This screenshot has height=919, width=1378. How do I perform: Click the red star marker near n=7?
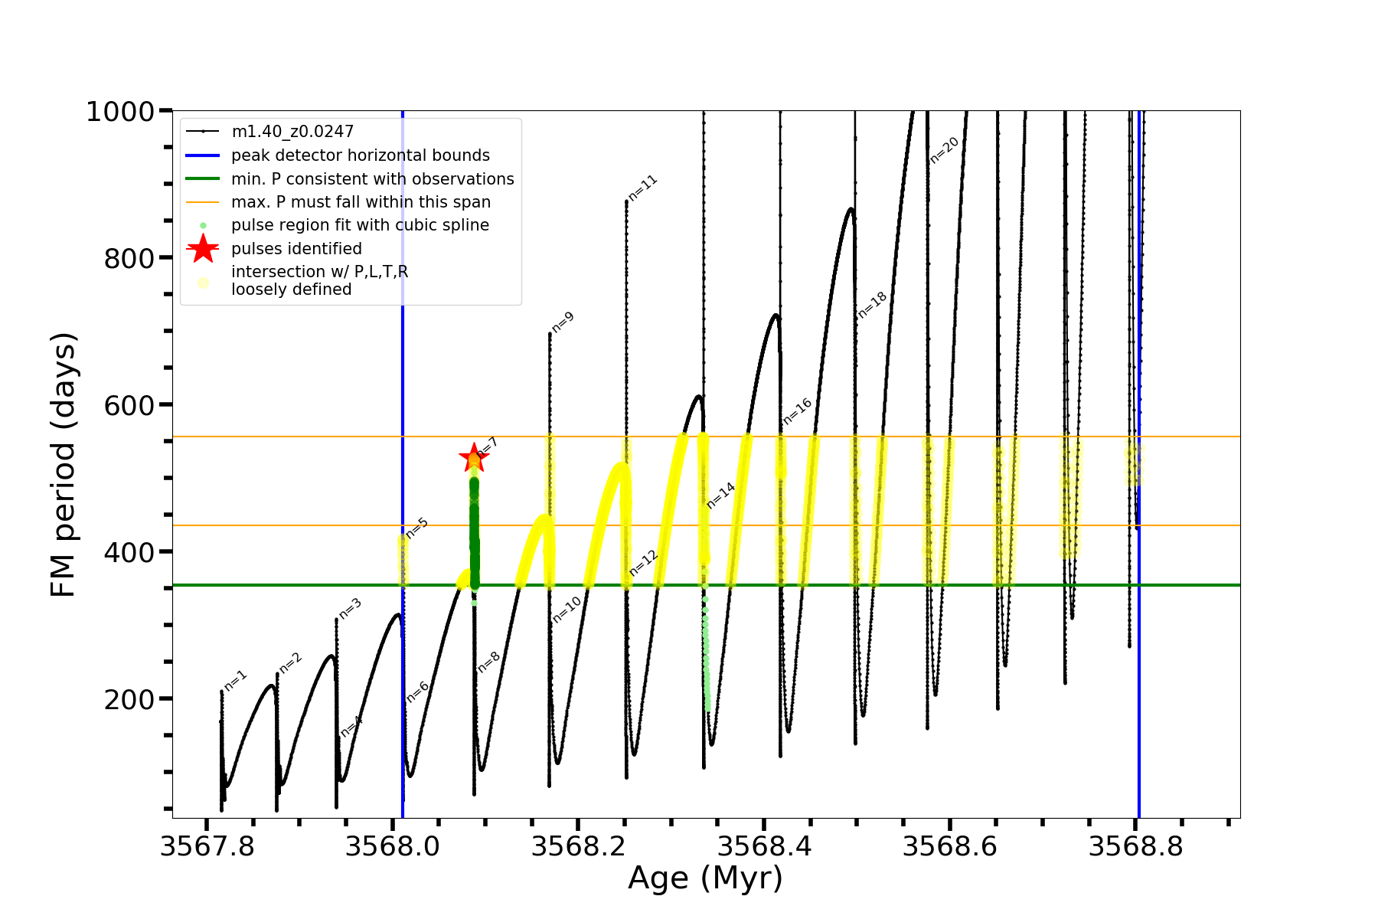pyautogui.click(x=474, y=458)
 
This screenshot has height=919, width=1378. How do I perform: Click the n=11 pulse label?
pyautogui.click(x=642, y=188)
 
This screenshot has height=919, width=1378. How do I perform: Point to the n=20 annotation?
pyautogui.click(x=944, y=150)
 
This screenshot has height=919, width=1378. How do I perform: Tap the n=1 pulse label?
pyautogui.click(x=236, y=681)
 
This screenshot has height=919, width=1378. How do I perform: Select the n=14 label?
pyautogui.click(x=720, y=496)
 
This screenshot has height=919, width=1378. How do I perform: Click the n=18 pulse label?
pyautogui.click(x=872, y=305)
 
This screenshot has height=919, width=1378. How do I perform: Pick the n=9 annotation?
pyautogui.click(x=563, y=322)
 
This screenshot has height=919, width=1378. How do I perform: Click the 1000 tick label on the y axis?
pyautogui.click(x=120, y=112)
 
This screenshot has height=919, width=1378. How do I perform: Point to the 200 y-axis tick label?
pyautogui.click(x=129, y=699)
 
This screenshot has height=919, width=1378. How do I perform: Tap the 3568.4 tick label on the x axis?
pyautogui.click(x=764, y=847)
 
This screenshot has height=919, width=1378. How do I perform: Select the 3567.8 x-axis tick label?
pyautogui.click(x=207, y=847)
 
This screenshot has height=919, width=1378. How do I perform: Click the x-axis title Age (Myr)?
pyautogui.click(x=705, y=878)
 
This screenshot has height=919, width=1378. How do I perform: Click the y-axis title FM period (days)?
pyautogui.click(x=63, y=464)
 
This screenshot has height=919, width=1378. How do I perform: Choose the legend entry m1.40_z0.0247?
pyautogui.click(x=292, y=132)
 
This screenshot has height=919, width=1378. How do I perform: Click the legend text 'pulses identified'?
pyautogui.click(x=296, y=249)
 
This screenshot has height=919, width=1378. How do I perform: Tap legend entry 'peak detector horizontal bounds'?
pyautogui.click(x=360, y=155)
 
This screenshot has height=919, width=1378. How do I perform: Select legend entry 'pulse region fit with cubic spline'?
pyautogui.click(x=360, y=225)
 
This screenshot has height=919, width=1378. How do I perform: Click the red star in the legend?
pyautogui.click(x=203, y=249)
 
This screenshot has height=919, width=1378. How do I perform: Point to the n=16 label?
pyautogui.click(x=797, y=412)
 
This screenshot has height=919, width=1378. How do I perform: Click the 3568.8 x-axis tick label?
pyautogui.click(x=1136, y=847)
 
